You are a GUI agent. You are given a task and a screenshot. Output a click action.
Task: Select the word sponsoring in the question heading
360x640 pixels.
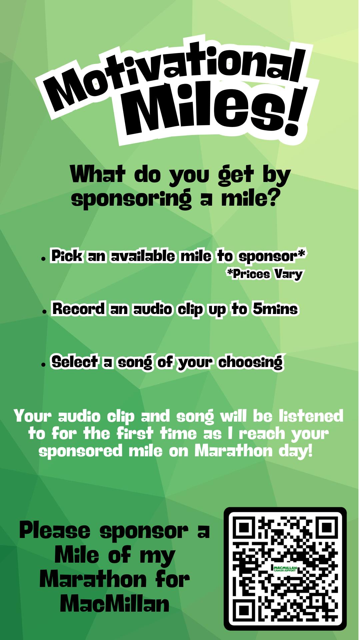(131, 199)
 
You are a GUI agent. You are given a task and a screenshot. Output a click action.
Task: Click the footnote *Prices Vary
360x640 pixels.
(264, 274)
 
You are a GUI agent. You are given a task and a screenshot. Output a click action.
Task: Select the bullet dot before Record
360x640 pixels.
(44, 311)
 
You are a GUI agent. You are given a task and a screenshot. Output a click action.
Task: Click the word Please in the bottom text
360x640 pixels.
(55, 531)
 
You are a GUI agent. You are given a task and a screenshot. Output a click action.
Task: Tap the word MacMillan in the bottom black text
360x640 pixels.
(114, 603)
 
